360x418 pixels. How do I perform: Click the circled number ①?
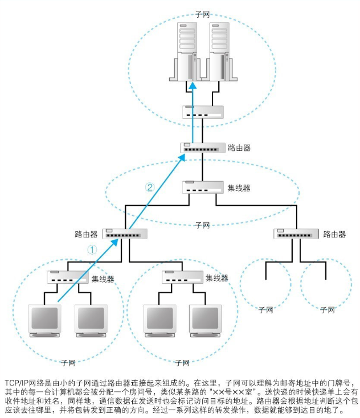pyautogui.click(x=92, y=249)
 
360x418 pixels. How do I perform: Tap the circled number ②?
pyautogui.click(x=150, y=187)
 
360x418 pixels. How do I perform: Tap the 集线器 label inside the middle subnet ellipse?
pyautogui.click(x=239, y=187)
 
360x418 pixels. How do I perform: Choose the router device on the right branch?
pyautogui.click(x=296, y=233)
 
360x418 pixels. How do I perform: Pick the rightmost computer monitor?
pyautogui.click(x=204, y=319)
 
